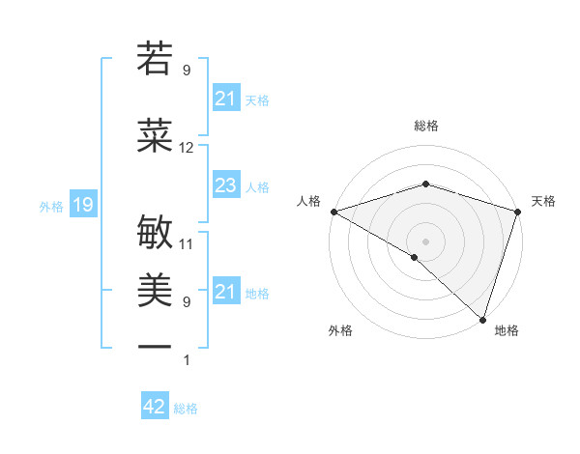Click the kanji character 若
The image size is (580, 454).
(x=155, y=59)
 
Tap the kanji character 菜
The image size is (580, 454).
(x=155, y=136)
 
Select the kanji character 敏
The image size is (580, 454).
(x=155, y=233)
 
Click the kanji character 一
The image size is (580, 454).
(x=155, y=345)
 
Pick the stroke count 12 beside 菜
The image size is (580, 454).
(x=187, y=148)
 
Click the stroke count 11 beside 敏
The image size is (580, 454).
(x=187, y=244)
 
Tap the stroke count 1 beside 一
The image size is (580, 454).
(x=187, y=360)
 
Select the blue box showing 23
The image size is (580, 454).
(x=225, y=186)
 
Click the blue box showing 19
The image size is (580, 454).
(x=82, y=205)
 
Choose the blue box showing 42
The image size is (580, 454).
(x=155, y=407)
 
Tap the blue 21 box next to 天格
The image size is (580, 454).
(x=225, y=99)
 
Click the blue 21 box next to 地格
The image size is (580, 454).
(x=225, y=292)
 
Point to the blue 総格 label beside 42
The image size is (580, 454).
(x=186, y=409)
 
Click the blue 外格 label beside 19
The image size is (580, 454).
(x=50, y=206)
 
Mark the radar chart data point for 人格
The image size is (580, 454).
(x=333, y=212)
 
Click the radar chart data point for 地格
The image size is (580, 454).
(x=482, y=320)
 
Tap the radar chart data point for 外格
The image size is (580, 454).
(x=415, y=257)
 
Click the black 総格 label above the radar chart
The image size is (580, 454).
(x=426, y=126)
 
